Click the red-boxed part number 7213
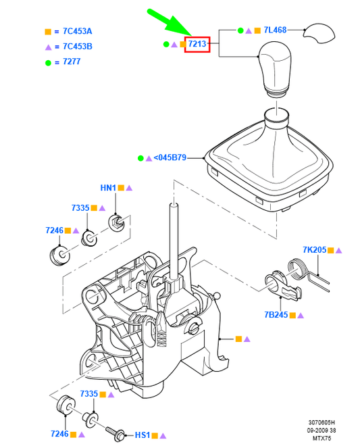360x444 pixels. pyautogui.click(x=197, y=44)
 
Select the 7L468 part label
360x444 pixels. pyautogui.click(x=275, y=30)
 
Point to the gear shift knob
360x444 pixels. pyautogui.click(x=275, y=70)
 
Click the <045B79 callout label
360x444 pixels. pyautogui.click(x=170, y=157)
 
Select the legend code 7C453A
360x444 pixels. pyautogui.click(x=77, y=31)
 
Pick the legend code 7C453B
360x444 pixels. pyautogui.click(x=77, y=47)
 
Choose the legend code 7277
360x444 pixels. pyautogui.click(x=72, y=61)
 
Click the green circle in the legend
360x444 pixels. pyautogui.click(x=48, y=63)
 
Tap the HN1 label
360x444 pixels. pyautogui.click(x=108, y=188)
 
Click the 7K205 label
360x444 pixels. pyautogui.click(x=315, y=250)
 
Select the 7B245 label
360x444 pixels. pyautogui.click(x=276, y=315)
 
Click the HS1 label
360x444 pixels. pyautogui.click(x=142, y=435)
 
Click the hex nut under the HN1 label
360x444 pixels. pyautogui.click(x=116, y=222)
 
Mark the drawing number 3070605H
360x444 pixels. pyautogui.click(x=319, y=422)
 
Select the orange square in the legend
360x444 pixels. pyautogui.click(x=48, y=32)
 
